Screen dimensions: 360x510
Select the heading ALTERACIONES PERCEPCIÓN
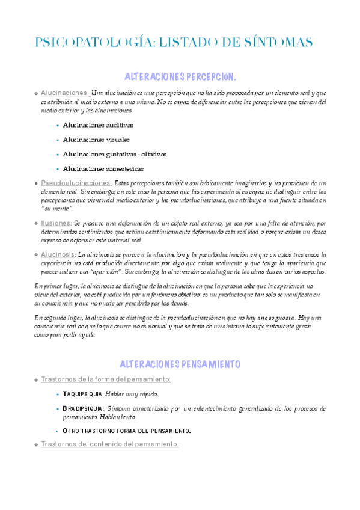(180, 77)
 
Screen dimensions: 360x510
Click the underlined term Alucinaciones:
(64, 93)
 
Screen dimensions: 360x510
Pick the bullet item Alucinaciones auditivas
(98, 125)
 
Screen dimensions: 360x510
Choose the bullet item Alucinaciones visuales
(96, 140)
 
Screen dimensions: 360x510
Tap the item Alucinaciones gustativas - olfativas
(115, 154)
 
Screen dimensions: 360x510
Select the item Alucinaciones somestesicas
(103, 169)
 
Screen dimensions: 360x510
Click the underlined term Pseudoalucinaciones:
(76, 183)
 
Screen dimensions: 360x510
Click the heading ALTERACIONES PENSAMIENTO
(180, 364)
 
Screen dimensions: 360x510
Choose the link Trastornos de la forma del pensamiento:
(105, 379)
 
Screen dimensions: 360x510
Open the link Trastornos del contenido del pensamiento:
(109, 444)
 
